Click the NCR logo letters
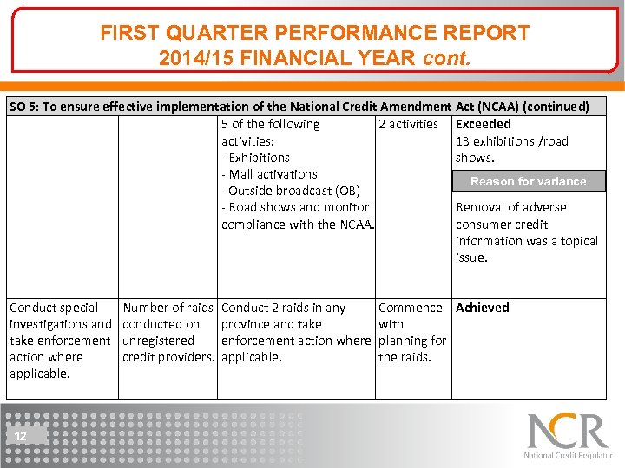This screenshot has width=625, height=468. point(568,432)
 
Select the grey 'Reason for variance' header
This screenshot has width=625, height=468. point(528,181)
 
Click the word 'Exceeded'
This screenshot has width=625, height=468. point(484,125)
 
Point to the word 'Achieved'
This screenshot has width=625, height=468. point(483,308)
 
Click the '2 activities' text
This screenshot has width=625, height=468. point(408,125)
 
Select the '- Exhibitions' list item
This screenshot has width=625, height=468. point(255,158)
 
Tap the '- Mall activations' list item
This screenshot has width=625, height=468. point(269,174)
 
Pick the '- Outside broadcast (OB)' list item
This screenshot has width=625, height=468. point(290,191)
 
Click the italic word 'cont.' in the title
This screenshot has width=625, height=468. point(446,58)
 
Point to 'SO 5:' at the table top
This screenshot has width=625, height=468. point(26,107)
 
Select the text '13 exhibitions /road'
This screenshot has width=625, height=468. point(511,141)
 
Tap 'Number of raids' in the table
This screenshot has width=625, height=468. point(168,308)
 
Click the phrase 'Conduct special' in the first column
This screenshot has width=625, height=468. point(54,308)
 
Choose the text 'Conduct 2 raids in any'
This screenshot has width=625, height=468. point(283,308)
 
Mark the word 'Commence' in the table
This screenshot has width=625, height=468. point(410,308)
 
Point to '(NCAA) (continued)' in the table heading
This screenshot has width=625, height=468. point(533,107)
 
